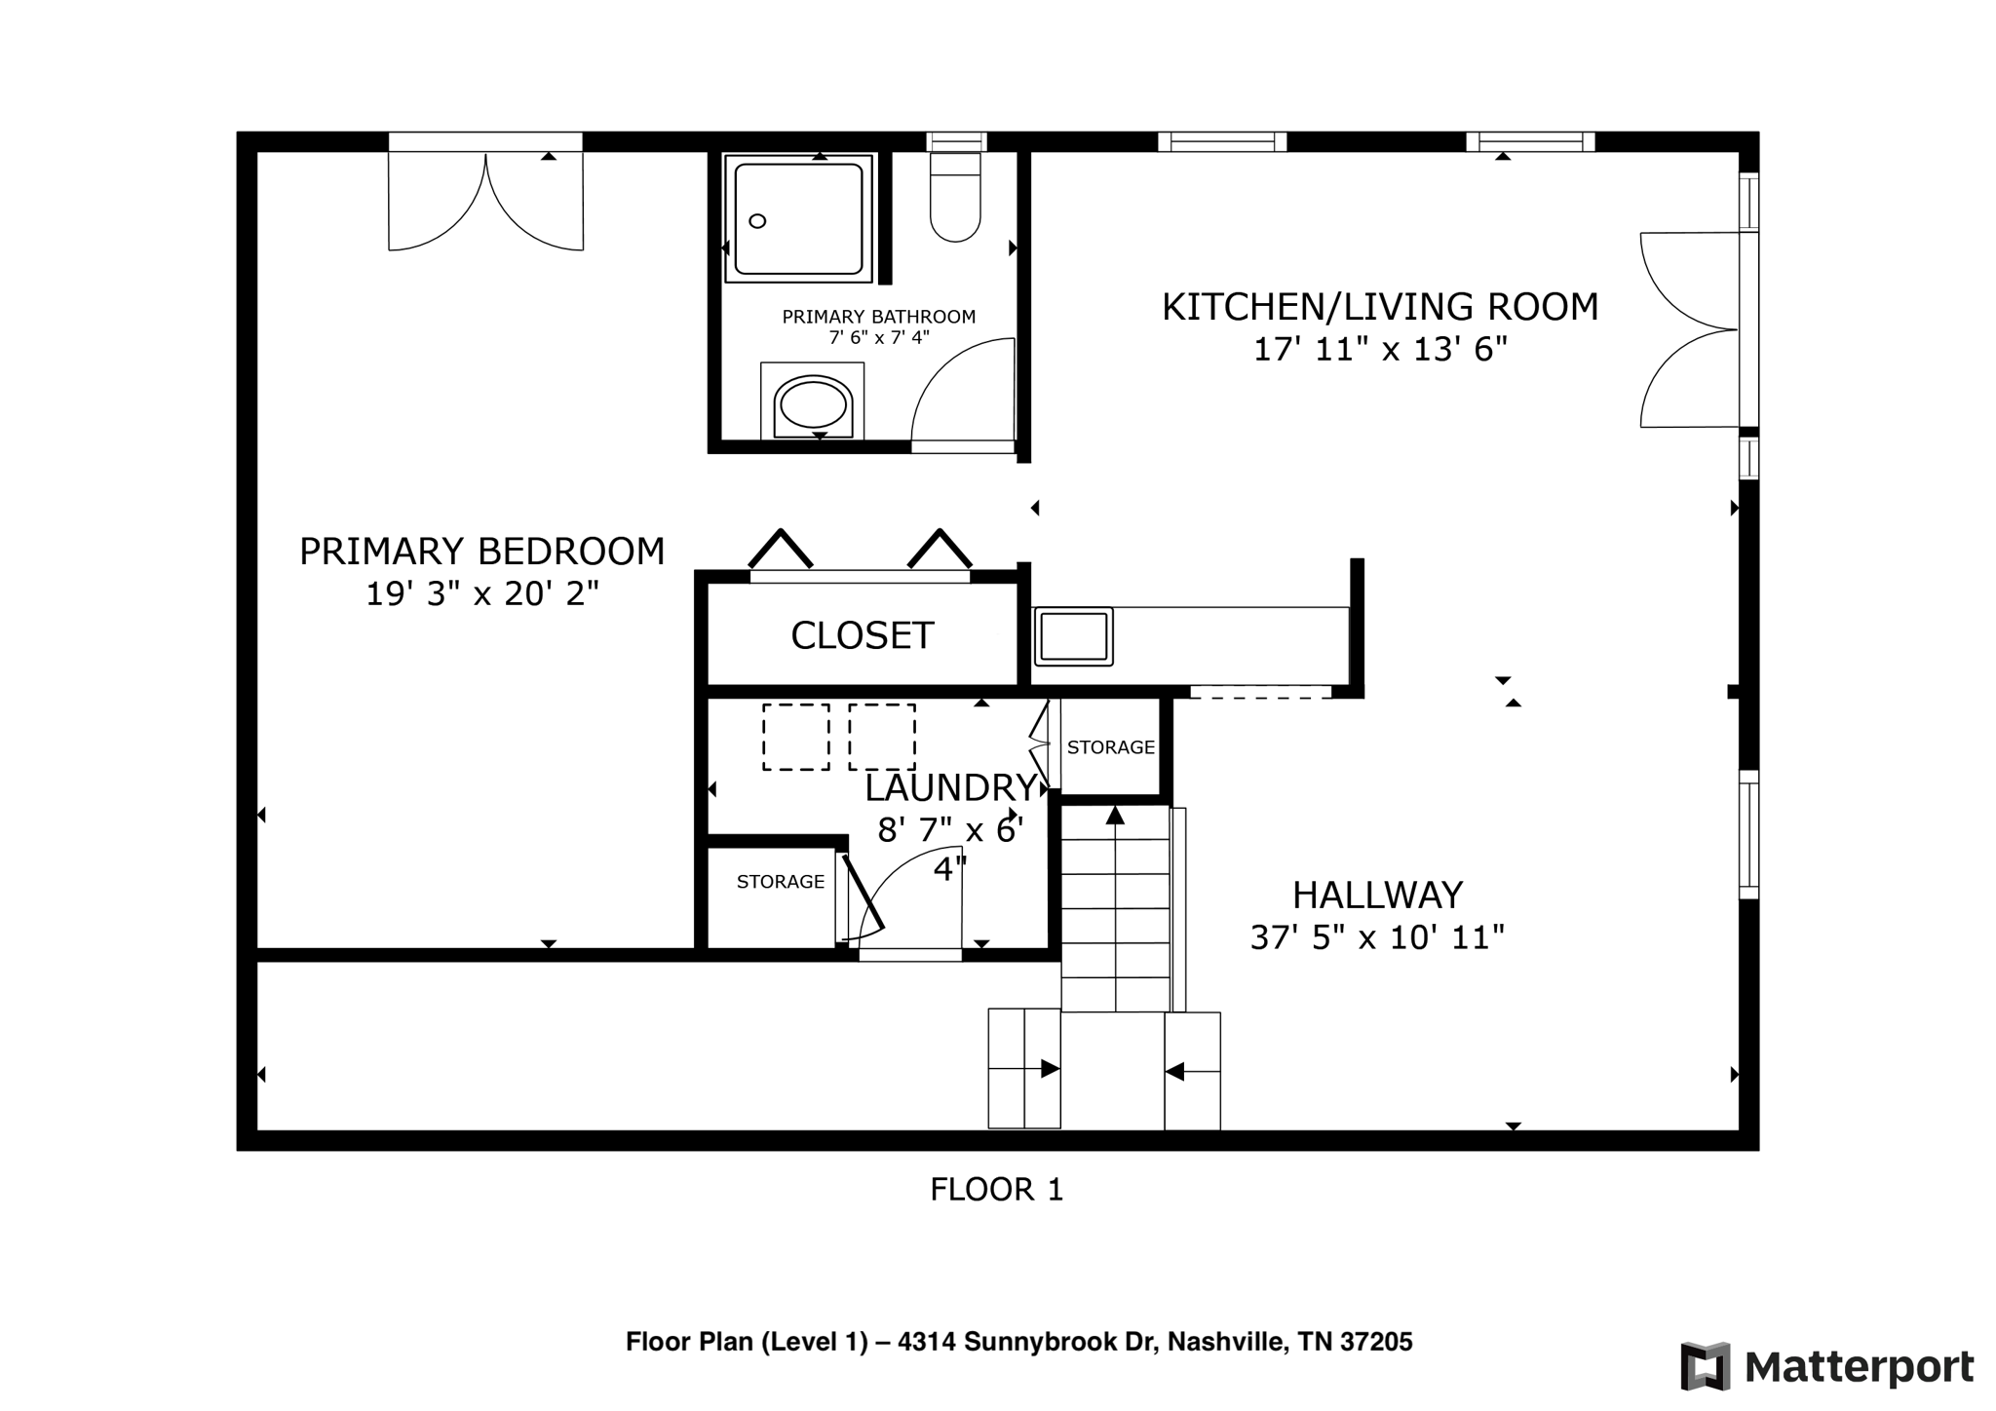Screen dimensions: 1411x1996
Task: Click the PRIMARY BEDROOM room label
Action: pyautogui.click(x=481, y=552)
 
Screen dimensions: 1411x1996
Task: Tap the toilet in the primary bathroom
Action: pyautogui.click(x=955, y=200)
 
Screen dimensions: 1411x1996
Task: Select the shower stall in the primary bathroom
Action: pyautogui.click(x=798, y=218)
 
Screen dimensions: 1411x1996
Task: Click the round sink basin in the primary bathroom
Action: pyautogui.click(x=813, y=404)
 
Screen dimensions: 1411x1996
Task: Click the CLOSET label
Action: pyautogui.click(x=862, y=636)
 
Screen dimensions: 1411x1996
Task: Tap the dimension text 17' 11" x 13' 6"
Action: pyautogui.click(x=1379, y=349)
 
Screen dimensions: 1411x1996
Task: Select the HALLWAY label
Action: pyautogui.click(x=1377, y=895)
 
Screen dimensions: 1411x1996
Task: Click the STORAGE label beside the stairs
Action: pyautogui.click(x=1110, y=747)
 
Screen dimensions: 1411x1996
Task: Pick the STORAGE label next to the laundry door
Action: pyautogui.click(x=780, y=882)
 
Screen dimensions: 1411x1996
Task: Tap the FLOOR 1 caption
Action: pyautogui.click(x=996, y=1190)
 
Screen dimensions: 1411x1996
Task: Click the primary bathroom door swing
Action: pyautogui.click(x=960, y=395)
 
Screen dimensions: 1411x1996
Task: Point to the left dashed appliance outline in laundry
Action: pyautogui.click(x=795, y=738)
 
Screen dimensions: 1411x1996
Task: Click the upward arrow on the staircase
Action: pyautogui.click(x=1115, y=817)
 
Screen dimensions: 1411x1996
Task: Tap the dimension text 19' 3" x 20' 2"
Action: pyautogui.click(x=481, y=593)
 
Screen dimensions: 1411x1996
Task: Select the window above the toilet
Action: pyautogui.click(x=956, y=142)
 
